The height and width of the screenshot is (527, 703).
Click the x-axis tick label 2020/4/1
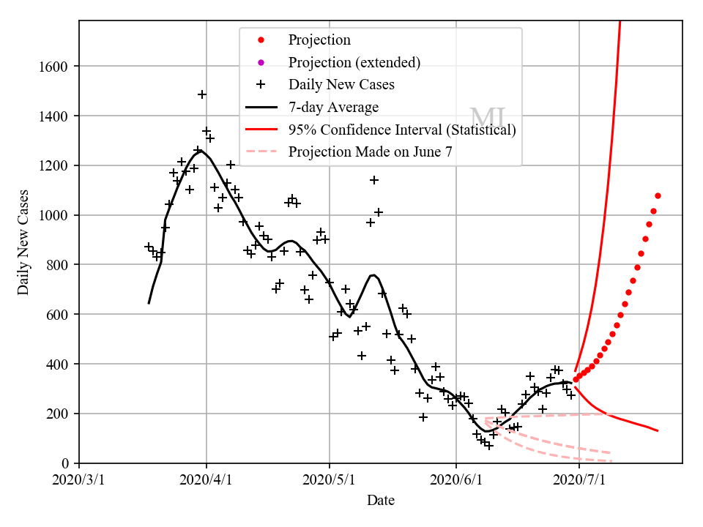pos(207,480)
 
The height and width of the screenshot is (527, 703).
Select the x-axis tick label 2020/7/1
pos(579,480)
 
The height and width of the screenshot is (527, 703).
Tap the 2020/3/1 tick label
pos(79,480)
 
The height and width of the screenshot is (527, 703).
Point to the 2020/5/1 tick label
pos(330,480)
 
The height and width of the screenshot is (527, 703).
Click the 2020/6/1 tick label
pos(456,480)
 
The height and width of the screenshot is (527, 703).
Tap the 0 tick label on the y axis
pos(66,463)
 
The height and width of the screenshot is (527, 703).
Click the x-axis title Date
pos(381,501)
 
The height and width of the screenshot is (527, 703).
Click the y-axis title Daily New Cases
pos(24,242)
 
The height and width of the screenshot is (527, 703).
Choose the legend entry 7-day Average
pos(333,108)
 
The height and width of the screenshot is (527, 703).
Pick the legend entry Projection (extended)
pos(354,62)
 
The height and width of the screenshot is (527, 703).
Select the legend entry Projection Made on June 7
pos(370,152)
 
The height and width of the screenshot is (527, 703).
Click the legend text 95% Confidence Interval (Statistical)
pos(402,130)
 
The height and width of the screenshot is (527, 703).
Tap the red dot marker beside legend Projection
pos(261,40)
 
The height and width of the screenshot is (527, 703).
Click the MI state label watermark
pos(487,118)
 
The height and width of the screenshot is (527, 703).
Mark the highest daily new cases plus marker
pos(202,94)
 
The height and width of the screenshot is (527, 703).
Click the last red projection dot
pos(658,195)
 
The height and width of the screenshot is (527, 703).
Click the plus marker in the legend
pos(261,85)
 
